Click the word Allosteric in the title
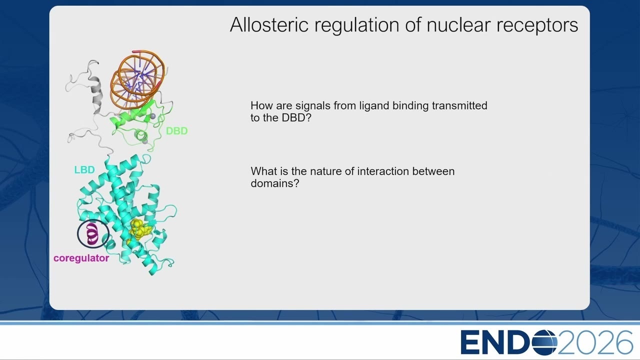[269, 24]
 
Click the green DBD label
[176, 131]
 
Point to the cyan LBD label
[84, 169]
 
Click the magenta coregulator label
[81, 258]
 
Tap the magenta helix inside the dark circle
[92, 234]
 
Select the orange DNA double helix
[137, 80]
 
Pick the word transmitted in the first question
[459, 105]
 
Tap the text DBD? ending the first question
[296, 117]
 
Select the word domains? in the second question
[275, 183]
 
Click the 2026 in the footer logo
[595, 342]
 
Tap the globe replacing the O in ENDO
[544, 342]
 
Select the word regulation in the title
[357, 25]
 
